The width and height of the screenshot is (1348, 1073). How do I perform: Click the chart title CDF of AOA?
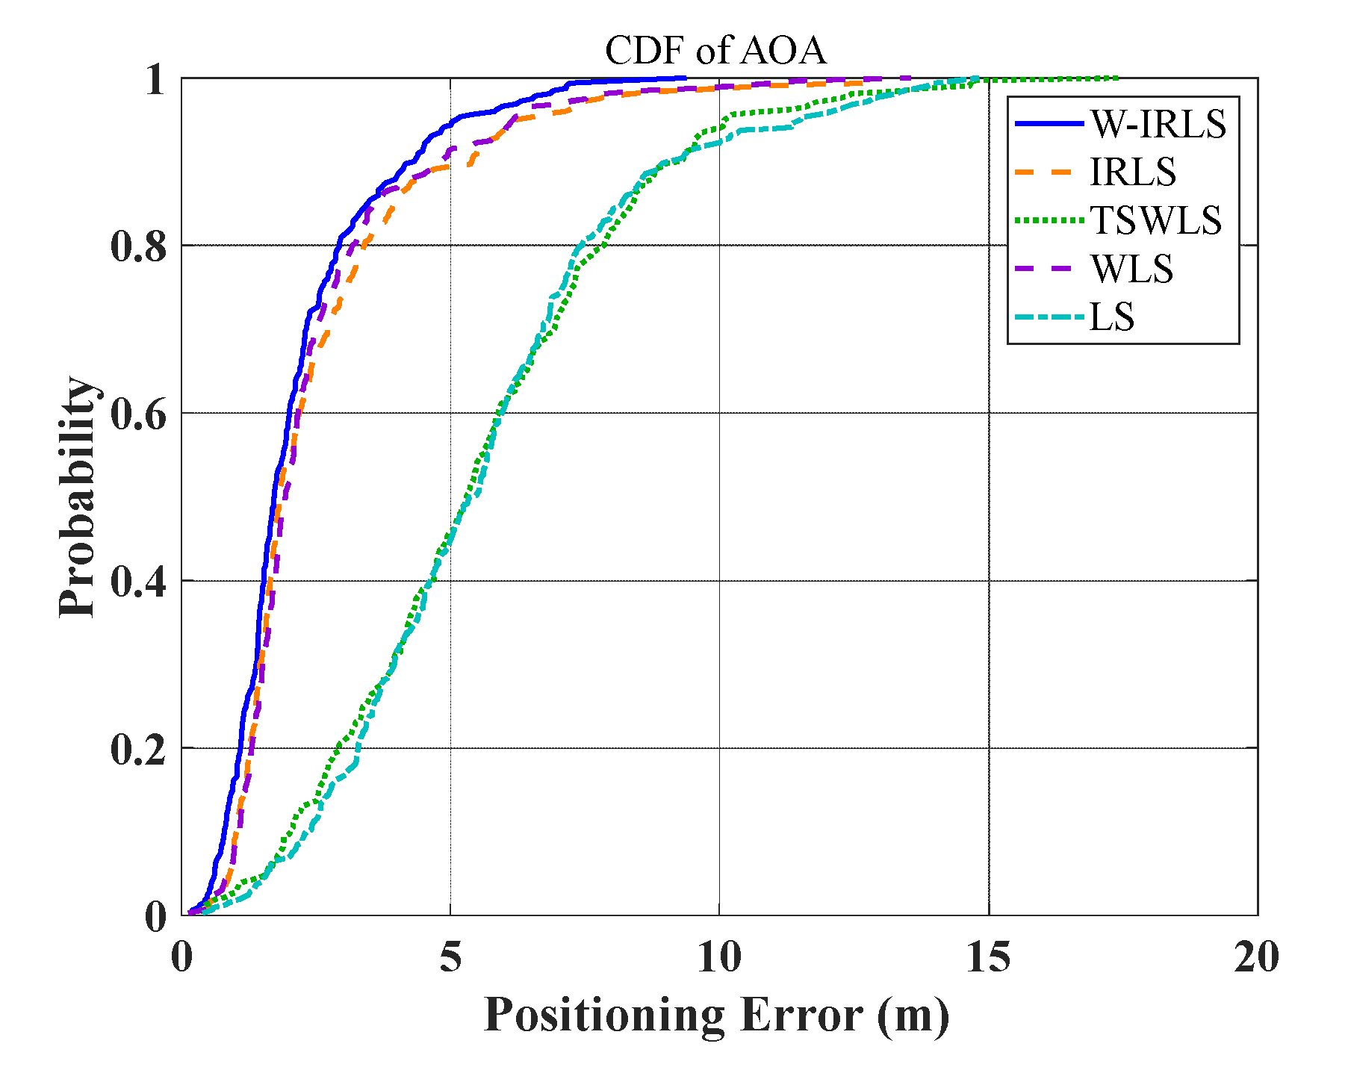pos(715,51)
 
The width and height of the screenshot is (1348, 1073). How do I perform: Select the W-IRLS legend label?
pos(1158,123)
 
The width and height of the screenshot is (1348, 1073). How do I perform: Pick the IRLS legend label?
pos(1133,172)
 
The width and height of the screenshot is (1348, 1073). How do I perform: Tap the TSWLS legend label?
pos(1155,220)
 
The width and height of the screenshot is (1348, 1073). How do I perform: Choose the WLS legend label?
pos(1131,269)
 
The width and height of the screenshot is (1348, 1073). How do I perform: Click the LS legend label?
pos(1112,317)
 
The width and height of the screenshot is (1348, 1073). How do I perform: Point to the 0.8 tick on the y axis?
pos(139,246)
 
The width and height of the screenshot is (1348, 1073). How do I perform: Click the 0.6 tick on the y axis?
pos(139,414)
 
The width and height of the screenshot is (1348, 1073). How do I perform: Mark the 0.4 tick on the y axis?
pos(139,582)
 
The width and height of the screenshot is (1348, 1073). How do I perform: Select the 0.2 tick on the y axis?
pos(139,749)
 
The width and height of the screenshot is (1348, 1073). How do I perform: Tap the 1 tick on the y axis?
pos(155,79)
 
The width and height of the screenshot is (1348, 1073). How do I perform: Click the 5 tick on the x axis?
pos(450,957)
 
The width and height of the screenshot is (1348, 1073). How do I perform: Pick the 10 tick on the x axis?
pos(719,957)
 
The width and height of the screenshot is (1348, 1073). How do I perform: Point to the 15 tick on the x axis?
pos(988,957)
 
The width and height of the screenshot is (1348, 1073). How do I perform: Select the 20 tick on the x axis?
pos(1256,957)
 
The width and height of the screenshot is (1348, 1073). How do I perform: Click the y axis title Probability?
pos(78,497)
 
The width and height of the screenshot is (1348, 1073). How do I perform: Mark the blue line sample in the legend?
pos(1049,123)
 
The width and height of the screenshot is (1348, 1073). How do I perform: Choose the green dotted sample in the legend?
pos(1049,220)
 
